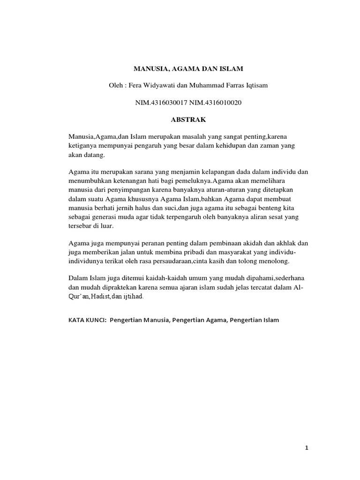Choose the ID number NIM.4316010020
[x=216, y=103]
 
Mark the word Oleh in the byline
[x=115, y=86]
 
